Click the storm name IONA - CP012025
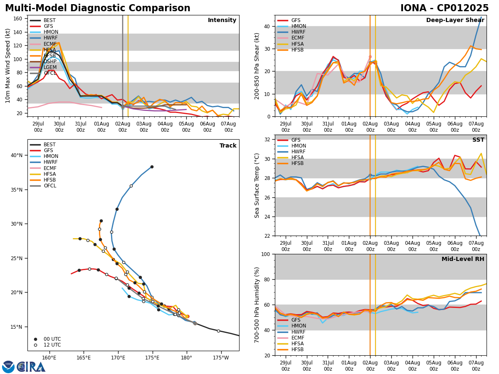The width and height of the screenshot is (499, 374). click(444, 8)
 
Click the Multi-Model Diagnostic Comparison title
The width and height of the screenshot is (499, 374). click(98, 8)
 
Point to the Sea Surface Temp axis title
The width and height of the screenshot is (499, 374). click(257, 185)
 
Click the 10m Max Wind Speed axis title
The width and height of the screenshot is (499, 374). click(8, 66)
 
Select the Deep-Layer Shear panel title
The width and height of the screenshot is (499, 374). click(455, 20)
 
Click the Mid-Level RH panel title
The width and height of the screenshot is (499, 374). click(462, 259)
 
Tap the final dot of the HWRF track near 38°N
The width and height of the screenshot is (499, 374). click(152, 167)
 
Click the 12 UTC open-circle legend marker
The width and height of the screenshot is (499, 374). click(36, 345)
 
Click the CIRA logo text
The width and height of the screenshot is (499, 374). click(31, 367)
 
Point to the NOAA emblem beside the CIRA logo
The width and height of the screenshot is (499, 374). click(8, 367)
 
